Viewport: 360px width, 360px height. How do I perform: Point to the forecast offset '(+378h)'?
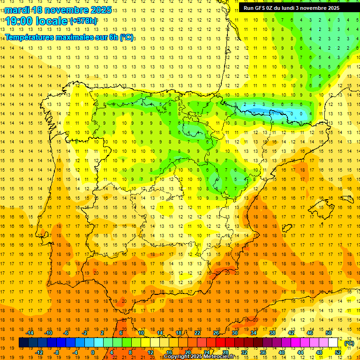[83, 21]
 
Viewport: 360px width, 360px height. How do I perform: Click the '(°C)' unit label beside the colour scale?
[349, 343]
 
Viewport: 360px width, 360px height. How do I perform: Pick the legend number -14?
[30, 333]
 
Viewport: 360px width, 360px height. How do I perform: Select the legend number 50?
[329, 333]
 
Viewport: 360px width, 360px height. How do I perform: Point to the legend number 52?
[338, 352]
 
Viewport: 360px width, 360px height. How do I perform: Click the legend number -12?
[39, 352]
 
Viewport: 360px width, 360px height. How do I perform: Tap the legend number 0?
[93, 352]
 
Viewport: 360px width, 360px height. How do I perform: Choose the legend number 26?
[216, 333]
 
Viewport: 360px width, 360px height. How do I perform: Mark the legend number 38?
[272, 333]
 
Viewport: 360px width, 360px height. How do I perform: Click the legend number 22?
[197, 333]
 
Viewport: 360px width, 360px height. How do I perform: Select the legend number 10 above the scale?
[141, 333]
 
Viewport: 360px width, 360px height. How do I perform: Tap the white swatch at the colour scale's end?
[333, 343]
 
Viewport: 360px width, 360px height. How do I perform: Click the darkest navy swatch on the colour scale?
[23, 343]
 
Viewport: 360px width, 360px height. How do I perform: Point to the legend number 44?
[300, 352]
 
